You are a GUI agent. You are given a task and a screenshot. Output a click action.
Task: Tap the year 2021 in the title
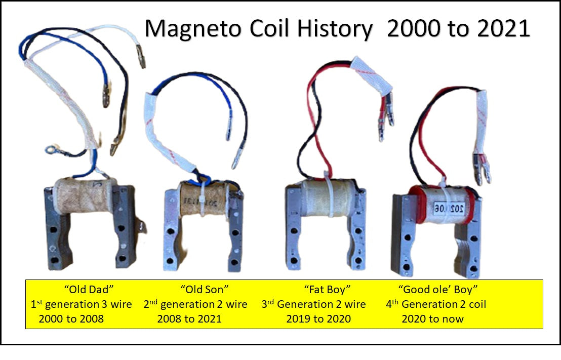503,28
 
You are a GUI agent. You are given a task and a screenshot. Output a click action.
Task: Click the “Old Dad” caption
89,289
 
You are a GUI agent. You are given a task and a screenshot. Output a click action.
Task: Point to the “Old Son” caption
204,289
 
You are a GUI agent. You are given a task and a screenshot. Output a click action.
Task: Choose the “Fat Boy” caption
327,289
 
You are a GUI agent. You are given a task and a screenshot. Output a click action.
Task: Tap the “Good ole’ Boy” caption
438,289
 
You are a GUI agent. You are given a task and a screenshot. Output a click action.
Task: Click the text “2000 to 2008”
71,318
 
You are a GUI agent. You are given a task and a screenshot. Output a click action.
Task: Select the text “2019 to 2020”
318,318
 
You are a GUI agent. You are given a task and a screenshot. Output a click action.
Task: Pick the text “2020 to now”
432,318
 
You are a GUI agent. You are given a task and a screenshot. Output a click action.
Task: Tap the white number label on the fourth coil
450,208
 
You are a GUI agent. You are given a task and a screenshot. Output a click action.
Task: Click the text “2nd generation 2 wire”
195,304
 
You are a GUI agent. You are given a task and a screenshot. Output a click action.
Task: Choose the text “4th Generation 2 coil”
436,304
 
